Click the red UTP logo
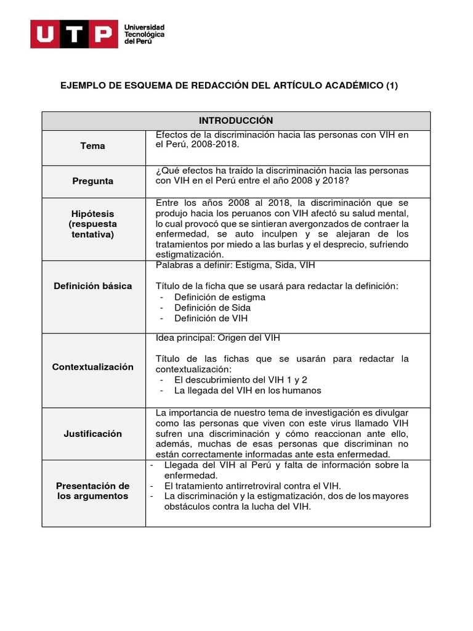coord(73,35)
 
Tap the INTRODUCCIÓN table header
coord(236,121)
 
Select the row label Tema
coord(93,146)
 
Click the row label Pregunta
coord(93,181)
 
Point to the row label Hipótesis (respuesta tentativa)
coord(93,224)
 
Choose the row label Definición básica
coord(93,286)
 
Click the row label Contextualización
coord(93,367)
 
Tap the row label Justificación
coord(93,434)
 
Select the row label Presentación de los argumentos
coord(93,491)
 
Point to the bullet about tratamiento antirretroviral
coord(253,486)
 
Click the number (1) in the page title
coord(392,86)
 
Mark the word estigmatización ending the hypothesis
coord(190,254)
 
